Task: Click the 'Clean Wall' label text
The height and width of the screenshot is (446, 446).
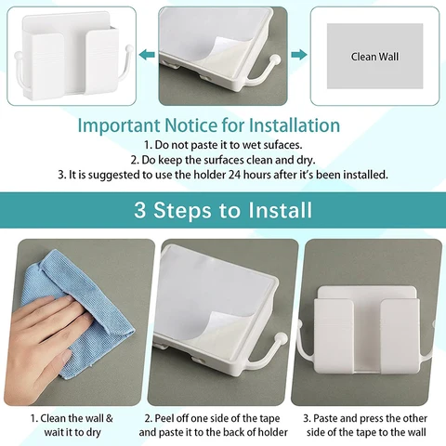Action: click(x=374, y=56)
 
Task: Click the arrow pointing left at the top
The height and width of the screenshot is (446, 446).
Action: click(x=145, y=54)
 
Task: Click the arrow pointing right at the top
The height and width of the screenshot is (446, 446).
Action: click(x=299, y=54)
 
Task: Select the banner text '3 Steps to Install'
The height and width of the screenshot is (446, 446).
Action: click(x=222, y=210)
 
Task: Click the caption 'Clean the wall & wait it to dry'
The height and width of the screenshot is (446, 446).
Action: click(x=73, y=425)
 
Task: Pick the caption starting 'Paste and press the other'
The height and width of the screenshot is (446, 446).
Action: click(x=369, y=425)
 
